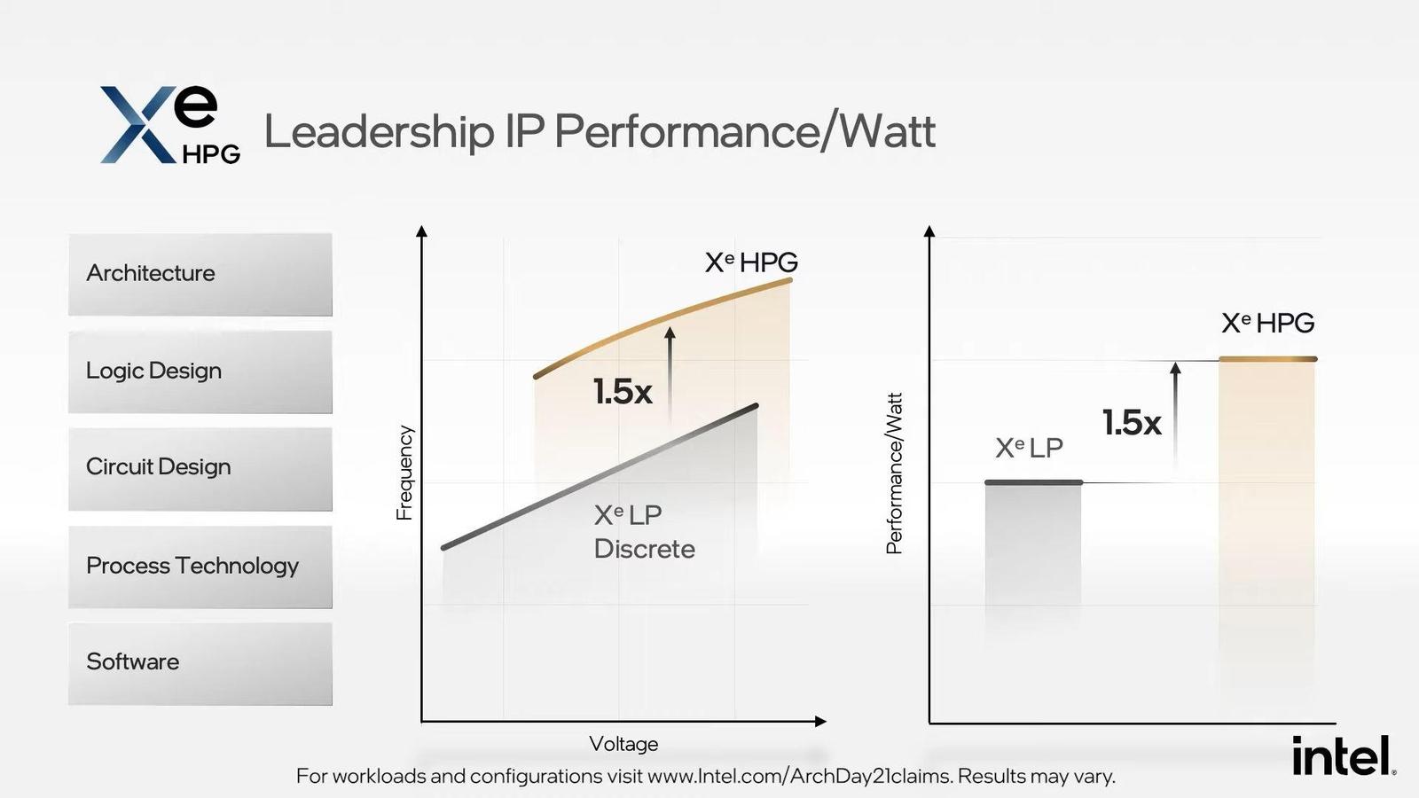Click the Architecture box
click(x=200, y=274)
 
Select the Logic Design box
click(x=200, y=372)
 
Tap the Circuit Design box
click(x=200, y=468)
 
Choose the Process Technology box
click(x=200, y=567)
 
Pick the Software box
click(x=200, y=663)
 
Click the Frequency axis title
click(x=404, y=472)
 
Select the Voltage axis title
click(x=623, y=744)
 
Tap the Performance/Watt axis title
click(x=894, y=473)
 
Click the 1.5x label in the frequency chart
click(x=623, y=392)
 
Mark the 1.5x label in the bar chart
click(x=1132, y=423)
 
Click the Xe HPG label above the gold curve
click(x=751, y=262)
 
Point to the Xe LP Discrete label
click(x=644, y=532)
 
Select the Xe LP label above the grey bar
click(x=1029, y=448)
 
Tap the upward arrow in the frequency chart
click(x=670, y=372)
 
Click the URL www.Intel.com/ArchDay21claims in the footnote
click(x=799, y=777)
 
